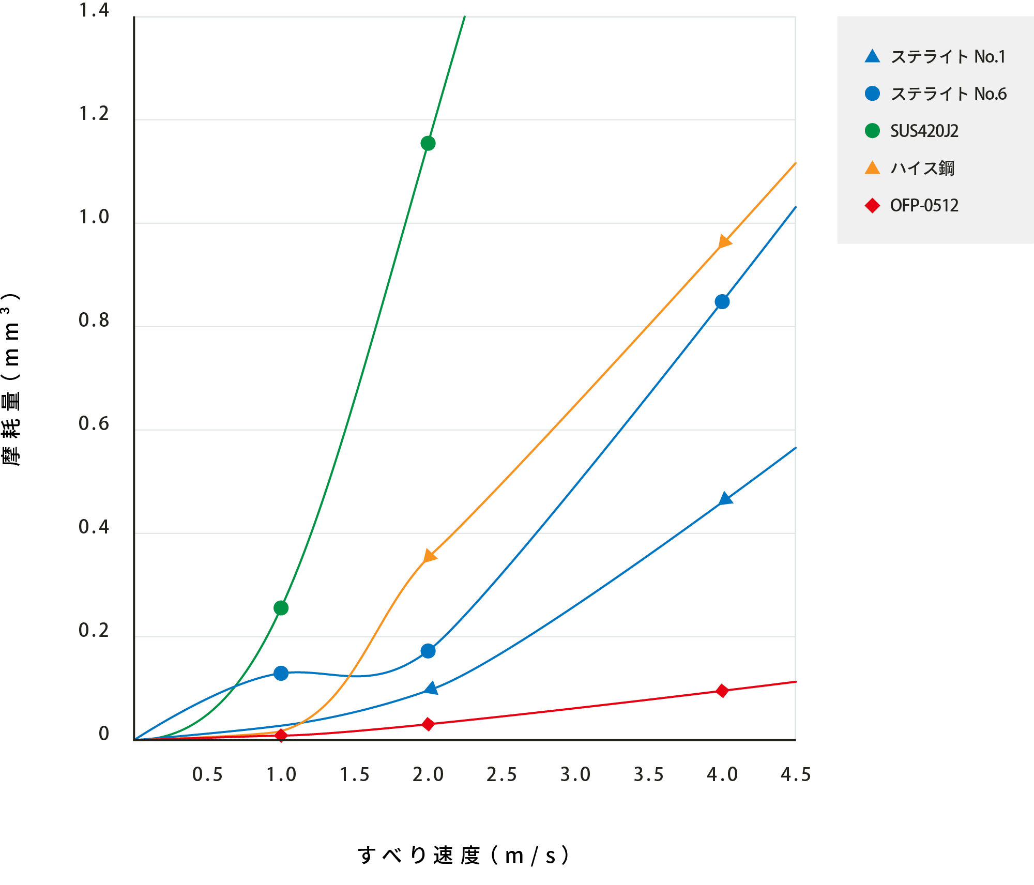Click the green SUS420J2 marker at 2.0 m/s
(428, 143)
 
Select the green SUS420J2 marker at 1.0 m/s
(281, 608)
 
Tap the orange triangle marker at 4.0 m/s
(725, 242)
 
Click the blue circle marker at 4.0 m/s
(722, 302)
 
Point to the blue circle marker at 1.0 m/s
(281, 673)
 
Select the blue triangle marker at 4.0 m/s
(725, 499)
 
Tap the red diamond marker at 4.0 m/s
(722, 691)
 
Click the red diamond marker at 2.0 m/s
(428, 724)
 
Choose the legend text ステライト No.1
(948, 57)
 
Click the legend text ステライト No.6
(948, 94)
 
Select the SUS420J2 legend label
(924, 131)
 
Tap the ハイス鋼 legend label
(922, 169)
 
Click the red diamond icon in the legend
(872, 206)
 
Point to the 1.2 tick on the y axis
(94, 114)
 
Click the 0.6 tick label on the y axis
(94, 424)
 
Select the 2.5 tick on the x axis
(501, 774)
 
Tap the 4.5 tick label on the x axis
(796, 774)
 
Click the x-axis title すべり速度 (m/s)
(464, 856)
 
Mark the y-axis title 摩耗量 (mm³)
(11, 380)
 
